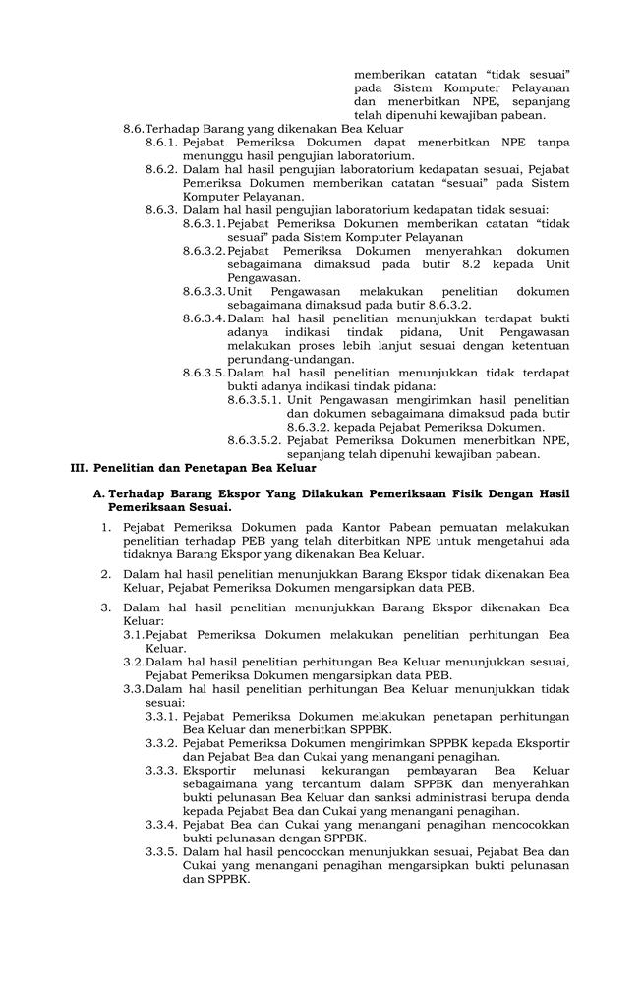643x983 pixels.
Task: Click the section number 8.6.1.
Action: [161, 142]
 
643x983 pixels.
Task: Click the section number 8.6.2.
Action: [161, 169]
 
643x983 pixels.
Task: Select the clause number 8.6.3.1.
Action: [204, 223]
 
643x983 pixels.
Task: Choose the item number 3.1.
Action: [134, 635]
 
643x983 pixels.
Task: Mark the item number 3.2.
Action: [134, 663]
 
